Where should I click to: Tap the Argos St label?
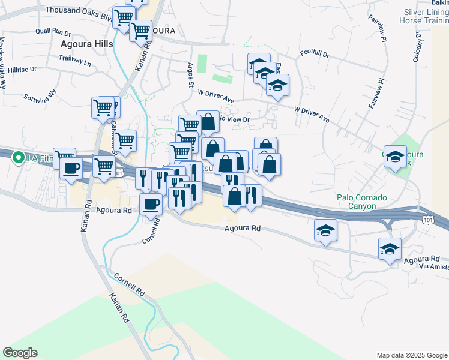pos(190,76)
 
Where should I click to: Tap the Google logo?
pos(20,353)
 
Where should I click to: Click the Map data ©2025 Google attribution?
pos(411,355)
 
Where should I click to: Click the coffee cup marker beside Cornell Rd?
pos(151,204)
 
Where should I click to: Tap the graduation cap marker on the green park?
pos(394,158)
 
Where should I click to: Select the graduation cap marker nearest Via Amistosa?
pos(390,249)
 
